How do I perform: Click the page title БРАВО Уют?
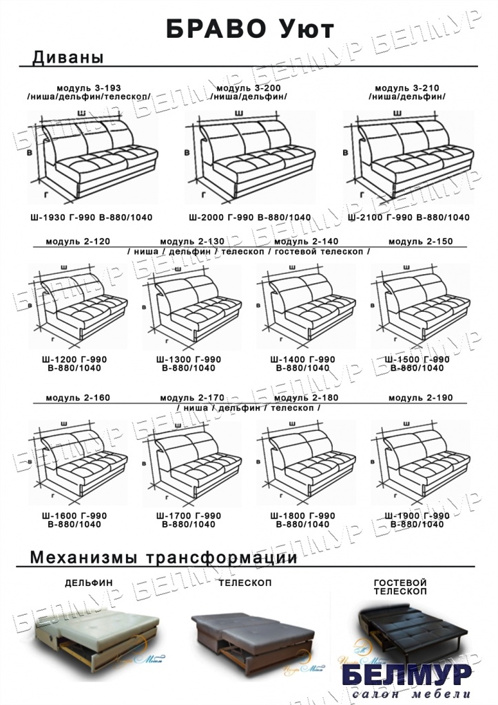tap(249, 29)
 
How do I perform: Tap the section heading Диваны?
tap(68, 58)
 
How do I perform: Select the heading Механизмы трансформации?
tap(164, 557)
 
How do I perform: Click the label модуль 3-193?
tap(89, 89)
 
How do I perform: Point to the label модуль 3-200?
tap(249, 89)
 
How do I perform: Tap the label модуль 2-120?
tap(78, 242)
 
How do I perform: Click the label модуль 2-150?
tap(420, 242)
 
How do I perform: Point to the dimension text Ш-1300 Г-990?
tap(189, 359)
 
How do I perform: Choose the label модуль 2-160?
tap(78, 399)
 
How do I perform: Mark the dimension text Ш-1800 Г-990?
tap(303, 516)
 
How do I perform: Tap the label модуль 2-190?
tap(420, 399)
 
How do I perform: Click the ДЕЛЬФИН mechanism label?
tap(90, 582)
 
